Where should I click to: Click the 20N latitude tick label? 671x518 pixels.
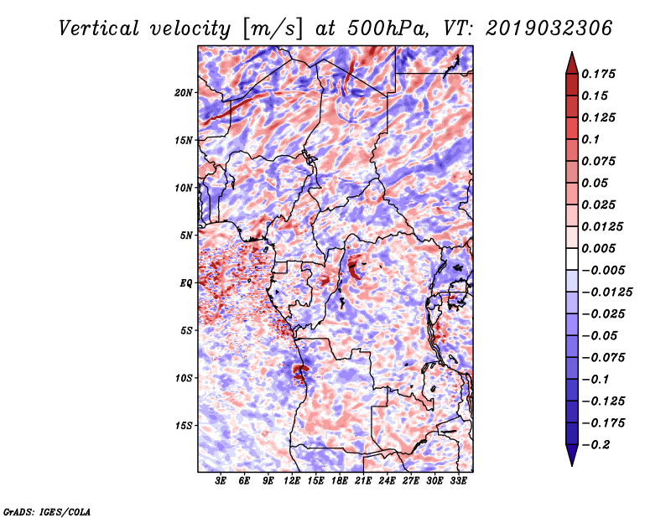(184, 92)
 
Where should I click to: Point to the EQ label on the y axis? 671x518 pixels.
(186, 283)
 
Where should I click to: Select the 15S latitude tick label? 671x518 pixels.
(184, 426)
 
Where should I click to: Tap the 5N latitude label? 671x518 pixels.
(186, 236)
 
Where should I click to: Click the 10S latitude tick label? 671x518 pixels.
(184, 378)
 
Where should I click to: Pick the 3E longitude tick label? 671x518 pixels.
(221, 482)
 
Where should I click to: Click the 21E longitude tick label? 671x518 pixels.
(363, 482)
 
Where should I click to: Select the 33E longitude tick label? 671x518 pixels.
(458, 482)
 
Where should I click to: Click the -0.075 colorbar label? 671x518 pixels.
(604, 357)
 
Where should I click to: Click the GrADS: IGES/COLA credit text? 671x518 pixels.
(46, 510)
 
